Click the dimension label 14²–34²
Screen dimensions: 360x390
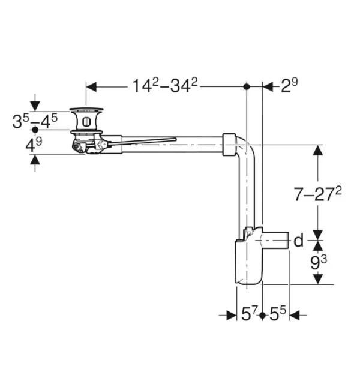[x=165, y=86]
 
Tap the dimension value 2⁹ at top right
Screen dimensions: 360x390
[x=289, y=86]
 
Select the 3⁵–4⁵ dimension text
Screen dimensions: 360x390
[x=35, y=121]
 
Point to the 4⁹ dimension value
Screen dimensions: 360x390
[x=34, y=145]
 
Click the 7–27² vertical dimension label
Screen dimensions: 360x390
[x=318, y=193]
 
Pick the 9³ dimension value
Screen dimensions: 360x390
[x=319, y=262]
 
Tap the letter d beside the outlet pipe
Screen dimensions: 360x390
[x=299, y=241]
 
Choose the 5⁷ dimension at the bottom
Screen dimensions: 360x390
[x=249, y=314]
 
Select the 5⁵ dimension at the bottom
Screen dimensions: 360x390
[x=278, y=314]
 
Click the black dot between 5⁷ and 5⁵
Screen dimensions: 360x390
[x=262, y=316]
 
